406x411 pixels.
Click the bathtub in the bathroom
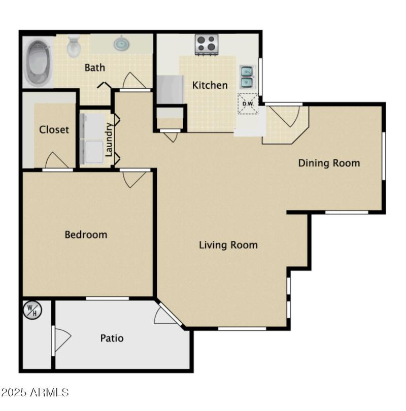[x=38, y=62]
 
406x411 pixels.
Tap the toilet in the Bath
[x=74, y=46]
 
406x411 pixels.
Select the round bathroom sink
[x=122, y=44]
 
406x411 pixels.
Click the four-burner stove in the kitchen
[x=207, y=44]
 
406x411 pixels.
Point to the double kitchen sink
[x=247, y=77]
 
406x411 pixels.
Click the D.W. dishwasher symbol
[x=248, y=104]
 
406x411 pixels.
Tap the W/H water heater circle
[x=32, y=310]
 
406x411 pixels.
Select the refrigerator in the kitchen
[x=170, y=89]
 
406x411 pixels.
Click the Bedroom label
[x=86, y=234]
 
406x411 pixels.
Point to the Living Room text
[x=228, y=245]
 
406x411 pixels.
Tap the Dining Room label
[x=329, y=163]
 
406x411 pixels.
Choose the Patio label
[x=112, y=338]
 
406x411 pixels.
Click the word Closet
[x=54, y=129]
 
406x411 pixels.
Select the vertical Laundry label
[x=109, y=140]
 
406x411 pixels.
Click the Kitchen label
[x=210, y=85]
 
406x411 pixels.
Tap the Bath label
[x=94, y=67]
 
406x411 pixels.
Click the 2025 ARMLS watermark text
[x=35, y=392]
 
